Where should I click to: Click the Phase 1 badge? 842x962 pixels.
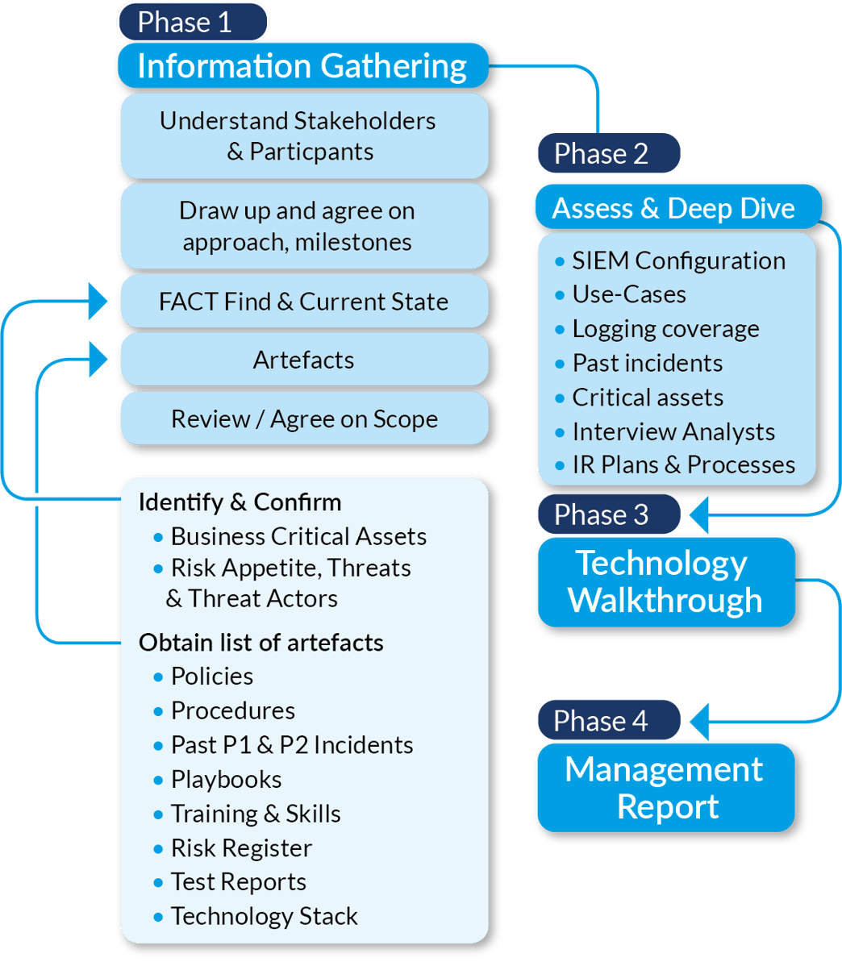pyautogui.click(x=193, y=22)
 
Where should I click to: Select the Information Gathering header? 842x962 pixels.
pyautogui.click(x=302, y=66)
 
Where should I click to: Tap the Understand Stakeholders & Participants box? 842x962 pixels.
pyautogui.click(x=303, y=135)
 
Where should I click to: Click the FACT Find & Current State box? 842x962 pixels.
pyautogui.click(x=303, y=302)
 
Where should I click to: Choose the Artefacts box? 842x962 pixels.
pyautogui.click(x=303, y=360)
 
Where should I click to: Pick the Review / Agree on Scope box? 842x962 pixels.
pyautogui.click(x=303, y=419)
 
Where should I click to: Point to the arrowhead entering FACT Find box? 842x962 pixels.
pyautogui.click(x=99, y=302)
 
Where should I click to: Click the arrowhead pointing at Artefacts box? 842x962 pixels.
pyautogui.click(x=99, y=359)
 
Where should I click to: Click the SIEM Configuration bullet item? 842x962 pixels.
pyautogui.click(x=677, y=260)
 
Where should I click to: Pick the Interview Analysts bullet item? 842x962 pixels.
pyautogui.click(x=673, y=431)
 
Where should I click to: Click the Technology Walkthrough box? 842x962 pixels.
pyautogui.click(x=665, y=581)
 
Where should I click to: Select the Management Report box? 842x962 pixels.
pyautogui.click(x=665, y=788)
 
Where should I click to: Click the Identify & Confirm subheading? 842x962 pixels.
pyautogui.click(x=240, y=502)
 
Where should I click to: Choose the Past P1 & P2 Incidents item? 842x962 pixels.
pyautogui.click(x=291, y=744)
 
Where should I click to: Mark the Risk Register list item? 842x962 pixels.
pyautogui.click(x=240, y=847)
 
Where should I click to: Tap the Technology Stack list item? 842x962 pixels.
pyautogui.click(x=264, y=916)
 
